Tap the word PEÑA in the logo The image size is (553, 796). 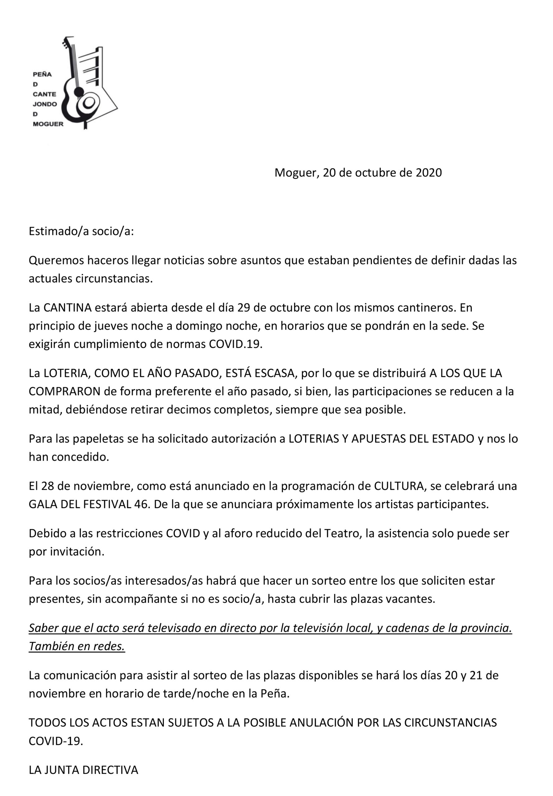[42, 75]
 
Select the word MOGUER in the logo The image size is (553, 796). [48, 124]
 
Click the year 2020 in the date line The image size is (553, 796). [429, 173]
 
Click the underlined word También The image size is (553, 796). [51, 646]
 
